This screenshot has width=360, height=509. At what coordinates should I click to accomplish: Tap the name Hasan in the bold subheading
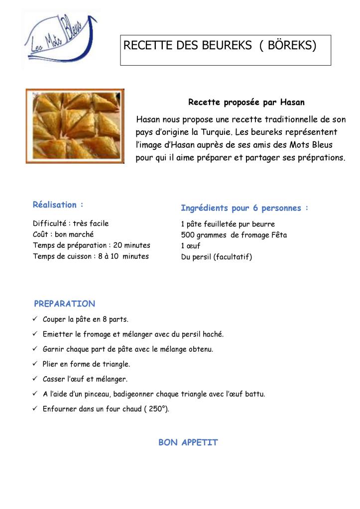pos(292,102)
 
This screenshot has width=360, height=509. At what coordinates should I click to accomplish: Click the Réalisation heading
pos(58,205)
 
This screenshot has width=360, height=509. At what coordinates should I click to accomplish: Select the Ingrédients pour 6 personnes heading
pos(244,208)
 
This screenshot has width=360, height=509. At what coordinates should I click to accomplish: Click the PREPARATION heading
pos(64,304)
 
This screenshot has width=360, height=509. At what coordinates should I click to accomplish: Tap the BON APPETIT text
pos(188,442)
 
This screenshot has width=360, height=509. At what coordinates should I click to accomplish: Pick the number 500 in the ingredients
pos(188,235)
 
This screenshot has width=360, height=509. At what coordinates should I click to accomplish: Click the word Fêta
pos(277,235)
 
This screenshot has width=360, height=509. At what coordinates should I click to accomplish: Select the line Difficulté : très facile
pos(71,224)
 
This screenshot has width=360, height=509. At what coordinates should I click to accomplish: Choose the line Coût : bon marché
pos(63,235)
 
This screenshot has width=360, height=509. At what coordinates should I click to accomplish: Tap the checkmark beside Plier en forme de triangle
pos(35,364)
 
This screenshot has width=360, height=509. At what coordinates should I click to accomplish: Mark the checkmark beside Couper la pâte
pos(35,319)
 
